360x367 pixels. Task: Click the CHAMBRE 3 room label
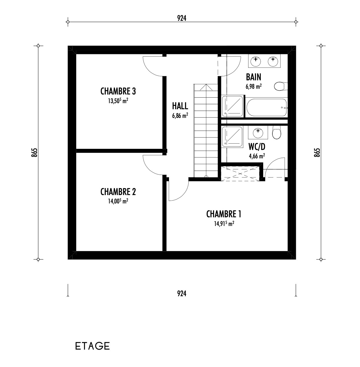coord(118,91)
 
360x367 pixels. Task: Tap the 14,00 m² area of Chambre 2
coord(118,201)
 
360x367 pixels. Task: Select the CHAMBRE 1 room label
coord(224,214)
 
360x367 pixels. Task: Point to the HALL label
coord(180,106)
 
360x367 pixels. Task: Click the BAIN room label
coord(253,77)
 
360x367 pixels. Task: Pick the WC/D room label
coord(257,147)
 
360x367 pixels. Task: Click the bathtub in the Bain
coord(266,107)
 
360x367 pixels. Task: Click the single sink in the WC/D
coord(258,133)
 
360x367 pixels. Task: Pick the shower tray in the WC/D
coord(232,137)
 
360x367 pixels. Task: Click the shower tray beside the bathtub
coord(233,106)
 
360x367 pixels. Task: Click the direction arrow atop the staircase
coord(206,87)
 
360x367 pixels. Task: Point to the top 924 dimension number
coord(182,18)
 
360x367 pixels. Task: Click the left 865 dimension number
coord(34,152)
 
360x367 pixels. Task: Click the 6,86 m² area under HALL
coord(180,115)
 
